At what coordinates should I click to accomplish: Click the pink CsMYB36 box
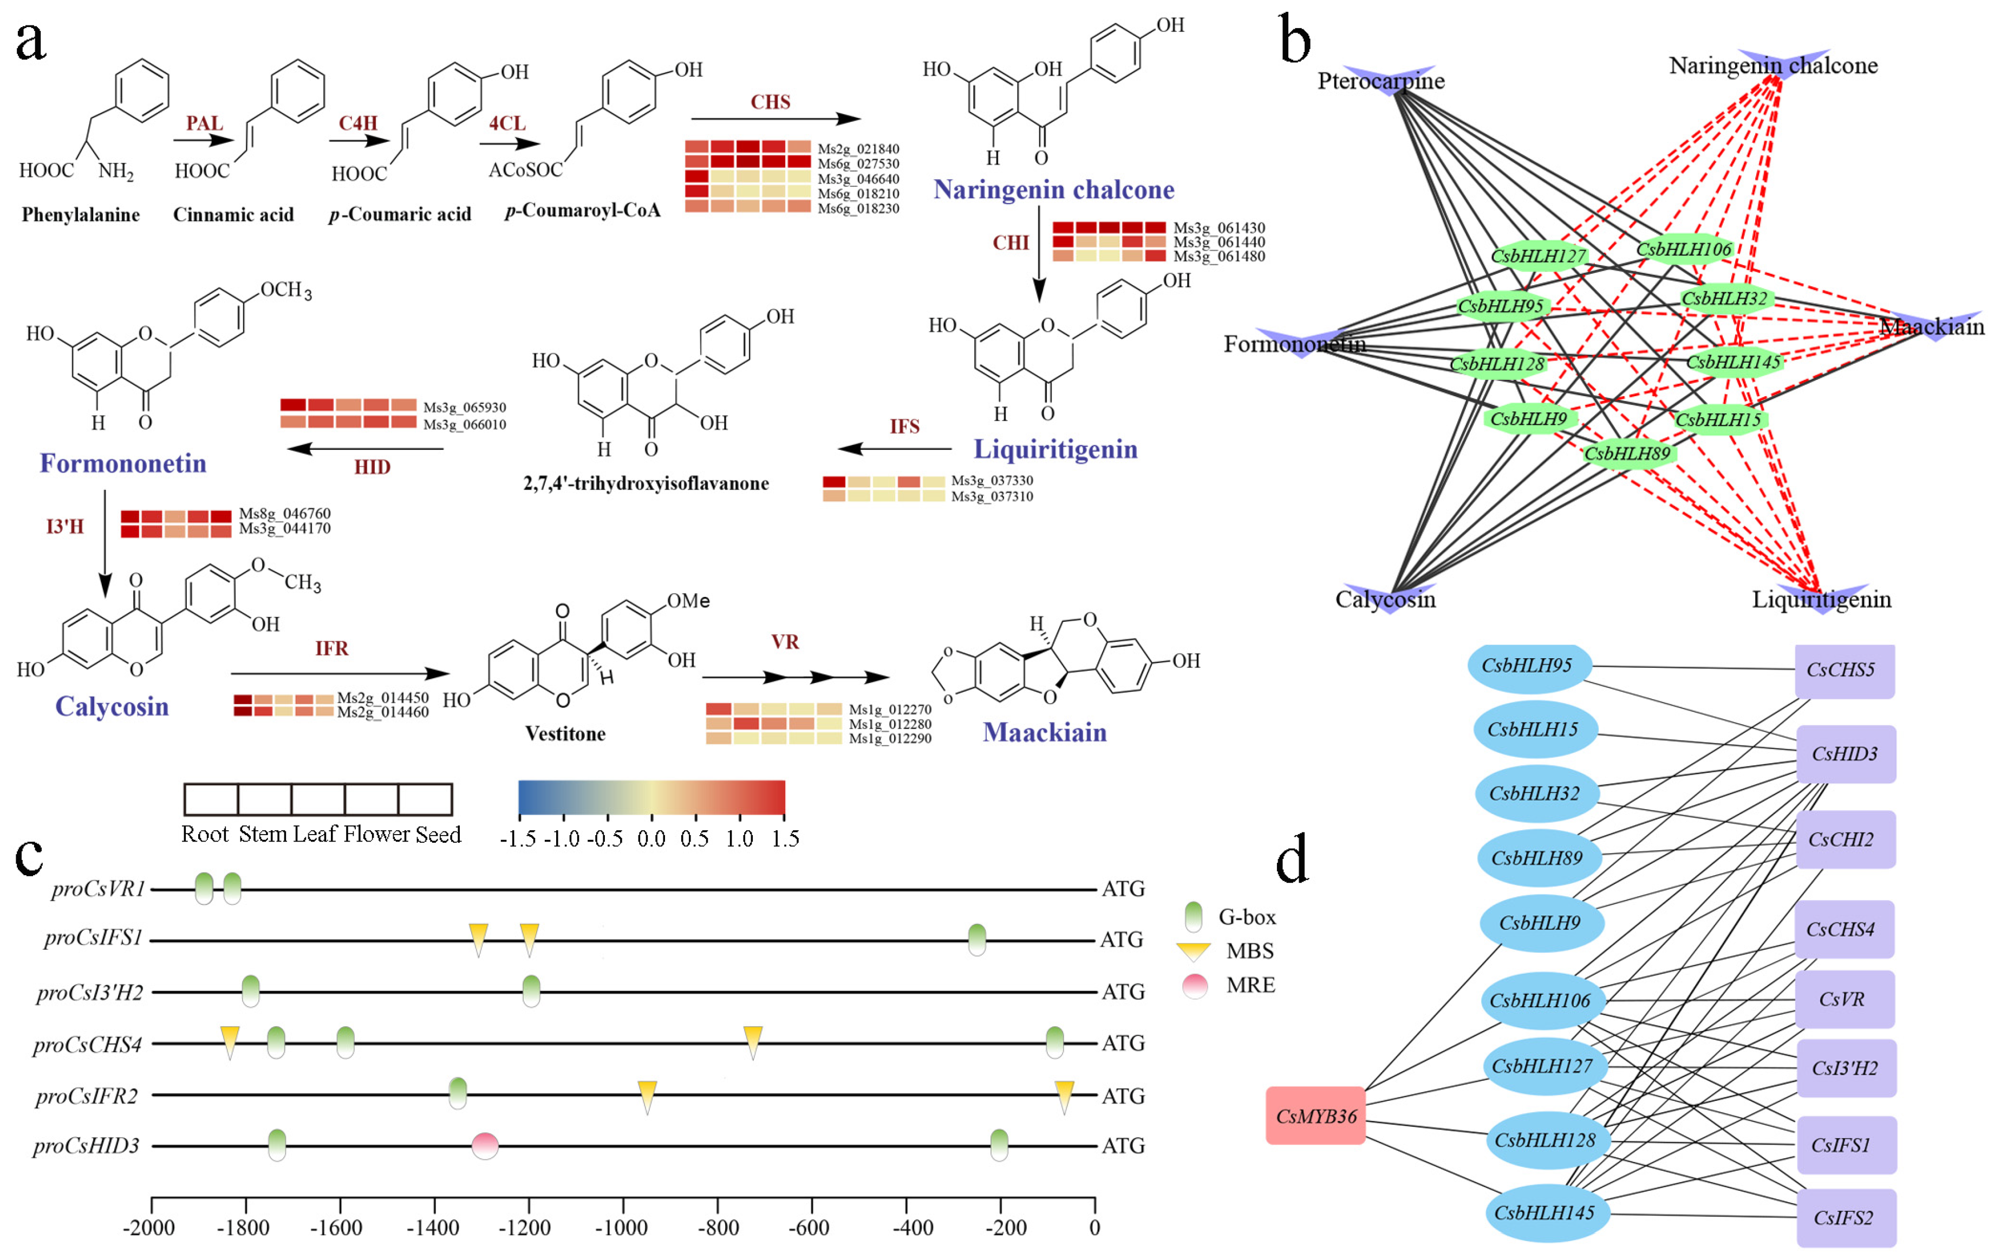1315,1115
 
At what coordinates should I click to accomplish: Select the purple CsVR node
1844,999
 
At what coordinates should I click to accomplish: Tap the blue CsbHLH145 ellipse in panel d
1543,1213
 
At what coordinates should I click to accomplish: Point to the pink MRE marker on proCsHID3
485,1146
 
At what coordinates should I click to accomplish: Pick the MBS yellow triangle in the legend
1193,951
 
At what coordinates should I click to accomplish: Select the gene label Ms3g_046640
858,179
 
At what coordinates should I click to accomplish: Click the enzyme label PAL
204,123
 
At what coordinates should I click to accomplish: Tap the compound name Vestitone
565,733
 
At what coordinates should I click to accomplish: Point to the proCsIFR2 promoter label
86,1096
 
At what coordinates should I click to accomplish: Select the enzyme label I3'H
64,527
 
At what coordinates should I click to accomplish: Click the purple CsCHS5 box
1844,670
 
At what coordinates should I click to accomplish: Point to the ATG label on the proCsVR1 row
1123,889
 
